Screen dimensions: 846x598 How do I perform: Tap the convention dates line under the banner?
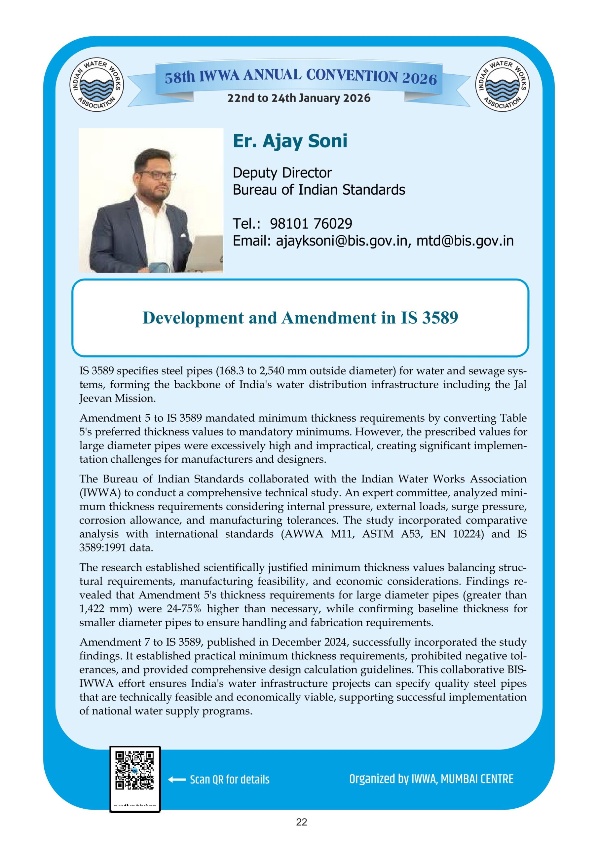tap(299, 98)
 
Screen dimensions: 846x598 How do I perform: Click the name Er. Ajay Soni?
tap(290, 141)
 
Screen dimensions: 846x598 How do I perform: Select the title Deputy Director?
tap(282, 173)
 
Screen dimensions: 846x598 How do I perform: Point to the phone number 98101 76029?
tap(311, 223)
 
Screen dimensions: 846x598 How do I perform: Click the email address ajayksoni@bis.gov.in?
tap(342, 241)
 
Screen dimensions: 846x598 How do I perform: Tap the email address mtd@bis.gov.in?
tap(465, 241)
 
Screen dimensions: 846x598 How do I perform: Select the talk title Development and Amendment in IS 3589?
tap(300, 318)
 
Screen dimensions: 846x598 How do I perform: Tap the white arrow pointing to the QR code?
tap(176, 779)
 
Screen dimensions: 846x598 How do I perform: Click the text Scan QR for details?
tap(230, 780)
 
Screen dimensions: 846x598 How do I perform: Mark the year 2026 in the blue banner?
tap(419, 78)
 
